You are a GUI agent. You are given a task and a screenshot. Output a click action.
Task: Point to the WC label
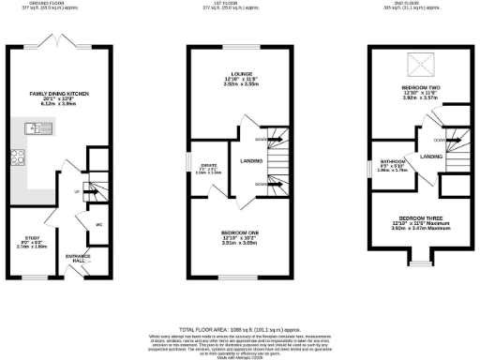tap(97, 224)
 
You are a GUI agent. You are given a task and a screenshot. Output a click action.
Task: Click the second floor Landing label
tap(431, 157)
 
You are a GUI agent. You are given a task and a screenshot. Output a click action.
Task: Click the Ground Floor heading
tap(52, 3)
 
